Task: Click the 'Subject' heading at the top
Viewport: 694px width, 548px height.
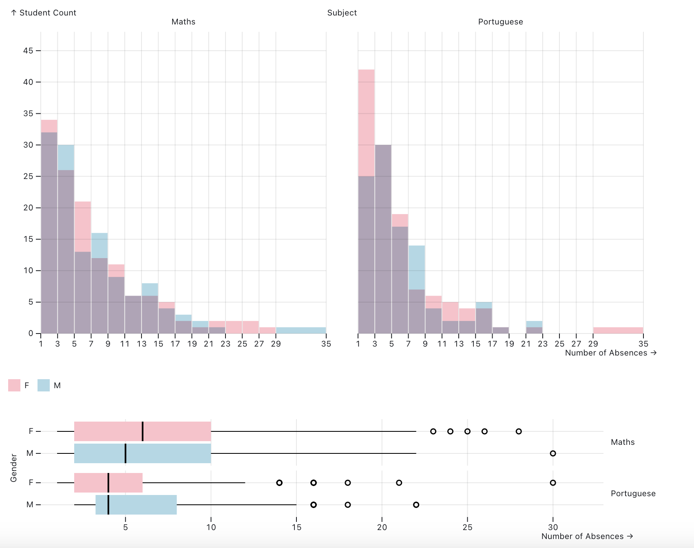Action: [342, 13]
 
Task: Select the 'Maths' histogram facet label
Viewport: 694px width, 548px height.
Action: [183, 22]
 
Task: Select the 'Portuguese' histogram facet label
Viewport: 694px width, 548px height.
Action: [500, 22]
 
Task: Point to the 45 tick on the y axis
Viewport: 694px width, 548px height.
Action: [28, 51]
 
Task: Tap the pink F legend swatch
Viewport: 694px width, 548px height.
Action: [14, 385]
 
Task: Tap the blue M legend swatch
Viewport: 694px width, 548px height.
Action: [44, 385]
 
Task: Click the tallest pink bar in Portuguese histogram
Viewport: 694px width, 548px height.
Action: [366, 122]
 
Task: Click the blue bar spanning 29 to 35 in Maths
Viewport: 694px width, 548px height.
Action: [301, 330]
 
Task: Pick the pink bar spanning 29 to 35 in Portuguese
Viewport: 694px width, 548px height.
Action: [618, 330]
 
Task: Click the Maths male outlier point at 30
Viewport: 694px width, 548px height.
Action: [553, 453]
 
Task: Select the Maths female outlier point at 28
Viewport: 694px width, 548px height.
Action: [519, 431]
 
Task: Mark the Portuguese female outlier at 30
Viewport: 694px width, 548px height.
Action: [553, 483]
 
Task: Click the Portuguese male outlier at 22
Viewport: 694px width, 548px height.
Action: [416, 505]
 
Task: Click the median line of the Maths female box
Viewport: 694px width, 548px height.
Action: [143, 431]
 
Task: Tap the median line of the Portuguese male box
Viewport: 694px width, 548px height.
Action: [108, 505]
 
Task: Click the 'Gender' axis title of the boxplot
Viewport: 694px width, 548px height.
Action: [13, 468]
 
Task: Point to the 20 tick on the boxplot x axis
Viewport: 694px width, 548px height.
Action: [382, 527]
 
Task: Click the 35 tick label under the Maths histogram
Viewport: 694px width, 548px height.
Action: [326, 344]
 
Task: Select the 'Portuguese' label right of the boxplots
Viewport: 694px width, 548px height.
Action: [633, 493]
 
